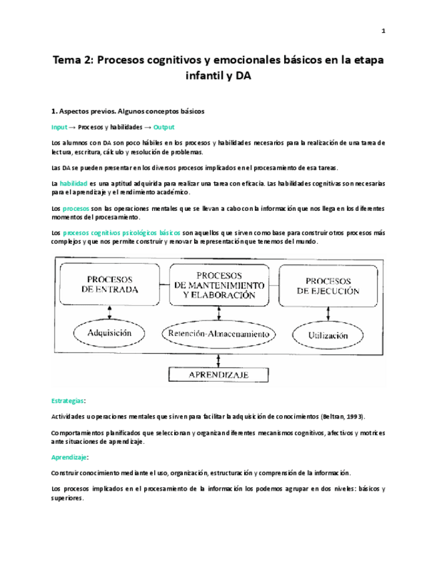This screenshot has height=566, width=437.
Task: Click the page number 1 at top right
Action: point(384,31)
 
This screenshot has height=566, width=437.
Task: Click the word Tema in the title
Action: point(70,59)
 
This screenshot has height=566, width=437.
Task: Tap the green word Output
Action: point(164,127)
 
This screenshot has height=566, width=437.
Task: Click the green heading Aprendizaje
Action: point(70,458)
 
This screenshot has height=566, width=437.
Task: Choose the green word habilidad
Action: point(73,182)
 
